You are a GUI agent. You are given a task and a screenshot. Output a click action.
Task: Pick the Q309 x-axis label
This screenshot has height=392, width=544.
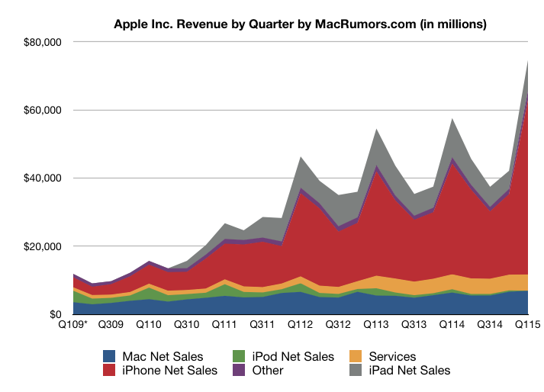[x=112, y=325]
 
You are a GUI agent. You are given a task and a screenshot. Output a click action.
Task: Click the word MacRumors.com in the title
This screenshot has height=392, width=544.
[x=365, y=24]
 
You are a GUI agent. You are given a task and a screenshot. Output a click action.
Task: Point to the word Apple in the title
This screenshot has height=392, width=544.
[x=131, y=24]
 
